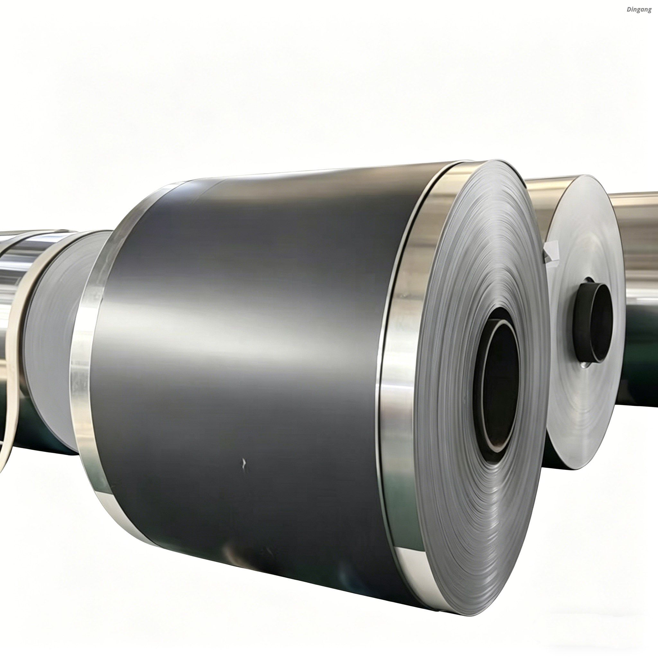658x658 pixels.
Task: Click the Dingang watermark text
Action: tap(639, 10)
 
